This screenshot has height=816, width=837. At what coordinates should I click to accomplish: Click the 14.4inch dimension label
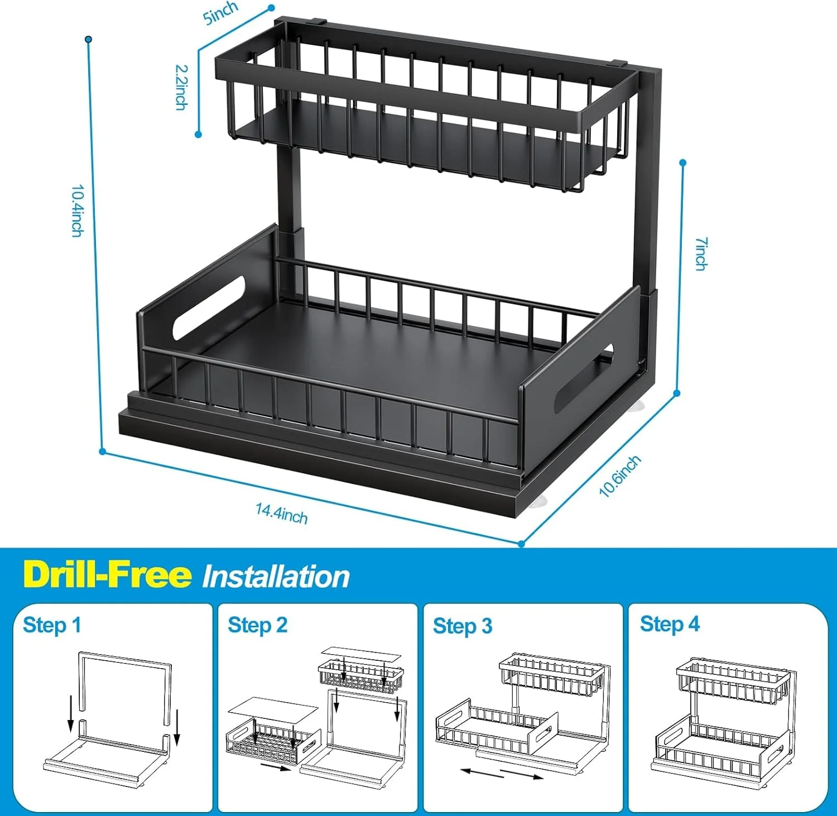(281, 513)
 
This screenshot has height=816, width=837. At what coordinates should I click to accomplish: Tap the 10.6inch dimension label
(620, 476)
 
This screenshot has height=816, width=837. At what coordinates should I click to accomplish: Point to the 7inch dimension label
(701, 254)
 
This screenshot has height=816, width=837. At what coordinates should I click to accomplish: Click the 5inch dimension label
(220, 12)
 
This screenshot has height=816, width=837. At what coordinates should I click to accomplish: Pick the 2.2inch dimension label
(181, 87)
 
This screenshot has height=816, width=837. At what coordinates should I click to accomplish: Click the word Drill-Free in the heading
(107, 574)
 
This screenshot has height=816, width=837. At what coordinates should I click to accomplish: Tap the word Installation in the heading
(276, 577)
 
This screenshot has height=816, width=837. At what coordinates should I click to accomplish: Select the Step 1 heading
(52, 625)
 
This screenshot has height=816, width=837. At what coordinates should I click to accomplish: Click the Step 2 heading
(257, 625)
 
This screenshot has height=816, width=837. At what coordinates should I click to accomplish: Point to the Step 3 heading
(463, 626)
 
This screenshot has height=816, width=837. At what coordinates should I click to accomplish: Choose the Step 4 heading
(670, 624)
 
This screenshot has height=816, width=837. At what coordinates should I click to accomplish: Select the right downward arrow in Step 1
(177, 728)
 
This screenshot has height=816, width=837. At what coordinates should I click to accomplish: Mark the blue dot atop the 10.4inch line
(88, 39)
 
